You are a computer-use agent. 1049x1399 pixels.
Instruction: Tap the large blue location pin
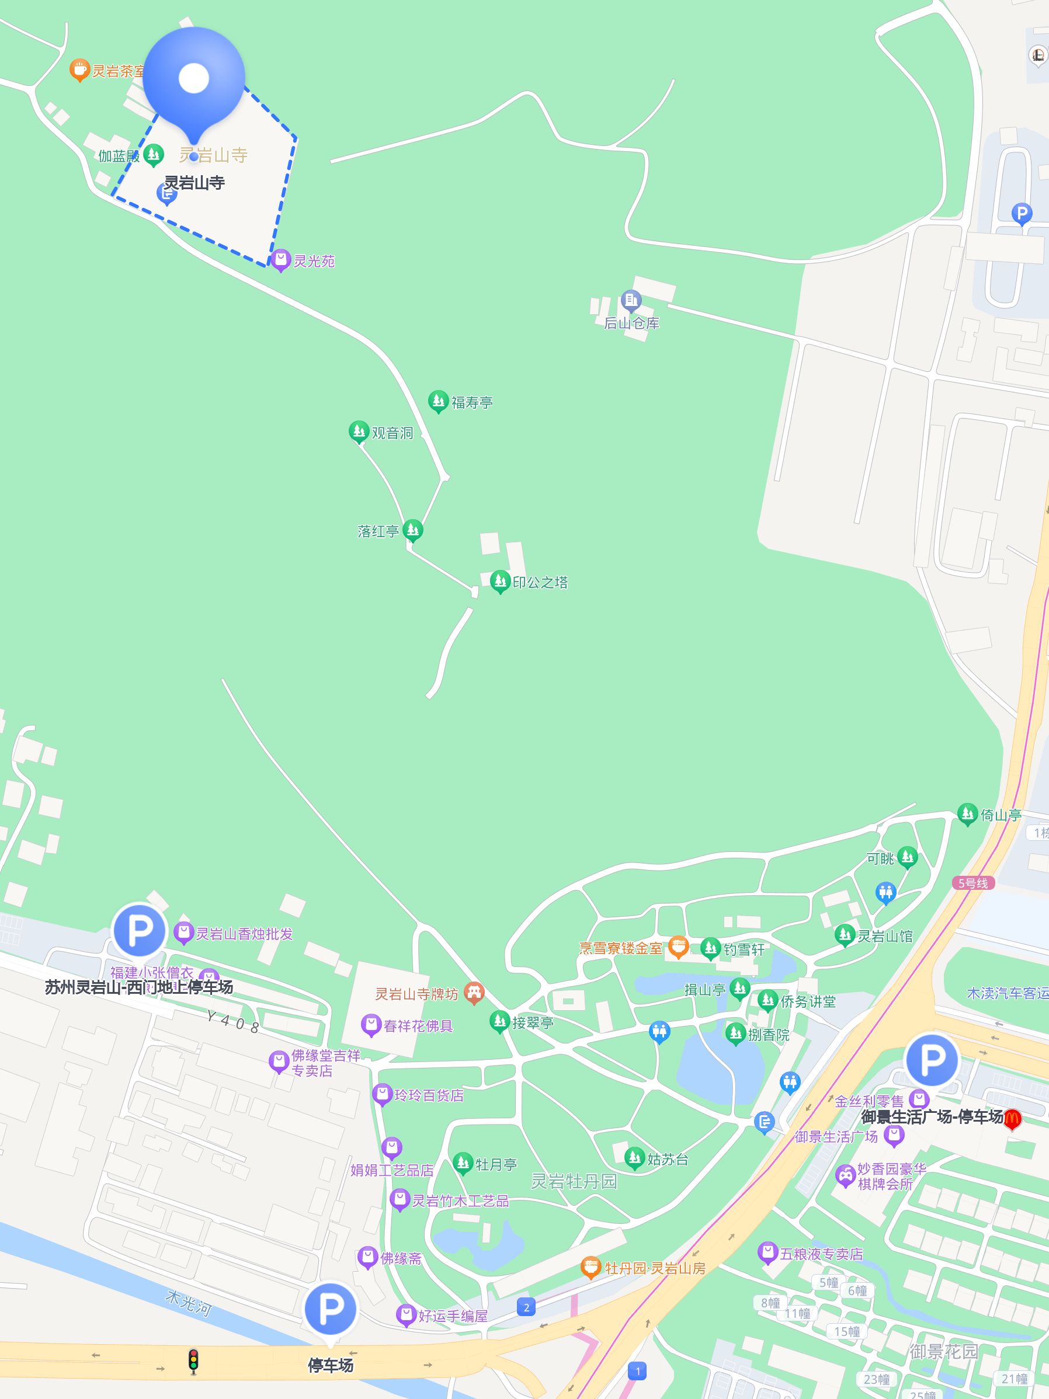point(193,78)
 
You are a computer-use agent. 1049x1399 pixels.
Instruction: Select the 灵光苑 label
point(314,261)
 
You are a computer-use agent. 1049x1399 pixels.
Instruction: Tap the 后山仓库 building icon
point(631,300)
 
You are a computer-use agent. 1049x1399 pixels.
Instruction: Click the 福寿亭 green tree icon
point(438,401)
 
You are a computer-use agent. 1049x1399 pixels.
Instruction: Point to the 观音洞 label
point(392,433)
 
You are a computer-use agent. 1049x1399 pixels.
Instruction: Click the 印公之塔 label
point(540,583)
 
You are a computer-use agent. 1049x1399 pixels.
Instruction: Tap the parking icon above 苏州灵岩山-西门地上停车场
point(139,930)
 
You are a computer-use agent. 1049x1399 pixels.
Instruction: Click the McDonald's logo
point(1012,1119)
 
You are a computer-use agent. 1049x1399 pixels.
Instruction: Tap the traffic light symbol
point(193,1361)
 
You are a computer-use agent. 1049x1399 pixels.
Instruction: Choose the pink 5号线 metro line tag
point(973,883)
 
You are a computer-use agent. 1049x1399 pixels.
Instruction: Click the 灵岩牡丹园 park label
point(573,1181)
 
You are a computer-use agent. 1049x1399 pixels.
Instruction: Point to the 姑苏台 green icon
point(634,1157)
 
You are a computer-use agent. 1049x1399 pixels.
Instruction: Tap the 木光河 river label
point(188,1303)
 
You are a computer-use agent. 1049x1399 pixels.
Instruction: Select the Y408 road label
point(232,1021)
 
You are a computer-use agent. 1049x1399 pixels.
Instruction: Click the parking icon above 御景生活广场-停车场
point(932,1059)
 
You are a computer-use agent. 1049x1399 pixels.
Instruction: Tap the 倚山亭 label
point(1001,815)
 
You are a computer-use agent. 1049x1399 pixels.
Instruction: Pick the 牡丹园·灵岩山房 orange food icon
point(591,1267)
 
